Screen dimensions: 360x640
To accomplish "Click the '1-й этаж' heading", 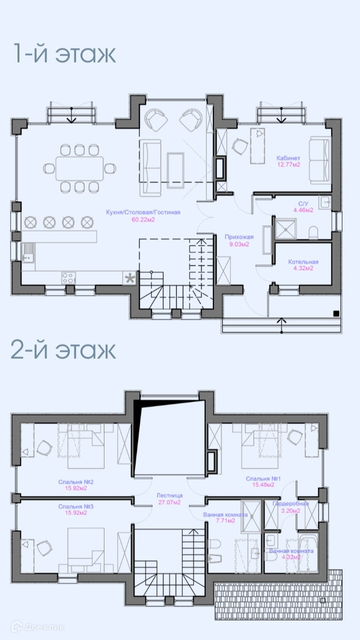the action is (x=64, y=54).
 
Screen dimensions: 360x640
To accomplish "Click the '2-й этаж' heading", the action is (x=63, y=350).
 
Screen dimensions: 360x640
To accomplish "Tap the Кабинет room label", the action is (x=288, y=158).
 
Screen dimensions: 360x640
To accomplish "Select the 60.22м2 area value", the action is (x=143, y=220).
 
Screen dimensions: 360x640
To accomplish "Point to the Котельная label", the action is (x=303, y=262).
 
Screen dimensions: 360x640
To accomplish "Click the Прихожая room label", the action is (x=239, y=237).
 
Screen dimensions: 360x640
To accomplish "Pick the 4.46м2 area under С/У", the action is (x=303, y=210).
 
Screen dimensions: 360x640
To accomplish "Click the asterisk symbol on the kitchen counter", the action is (x=130, y=278).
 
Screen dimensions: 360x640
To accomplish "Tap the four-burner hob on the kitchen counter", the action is (x=69, y=278).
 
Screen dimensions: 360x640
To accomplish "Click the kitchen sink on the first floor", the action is (x=28, y=252).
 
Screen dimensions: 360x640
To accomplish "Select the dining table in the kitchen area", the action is (x=79, y=168).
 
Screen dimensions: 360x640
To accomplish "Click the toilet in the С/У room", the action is (x=313, y=233).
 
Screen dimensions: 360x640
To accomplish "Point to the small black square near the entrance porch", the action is (x=336, y=313).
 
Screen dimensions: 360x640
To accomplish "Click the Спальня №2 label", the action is (x=76, y=482).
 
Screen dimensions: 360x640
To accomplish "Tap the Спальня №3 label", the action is (x=76, y=506).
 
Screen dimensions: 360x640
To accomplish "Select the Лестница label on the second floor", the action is (x=169, y=495).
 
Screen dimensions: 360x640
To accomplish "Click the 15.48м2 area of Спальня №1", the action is (x=263, y=485).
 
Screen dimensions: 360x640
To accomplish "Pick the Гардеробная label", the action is (x=290, y=504).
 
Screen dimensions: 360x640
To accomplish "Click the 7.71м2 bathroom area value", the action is (x=225, y=520).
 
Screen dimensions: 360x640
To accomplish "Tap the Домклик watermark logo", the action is (x=37, y=627).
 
